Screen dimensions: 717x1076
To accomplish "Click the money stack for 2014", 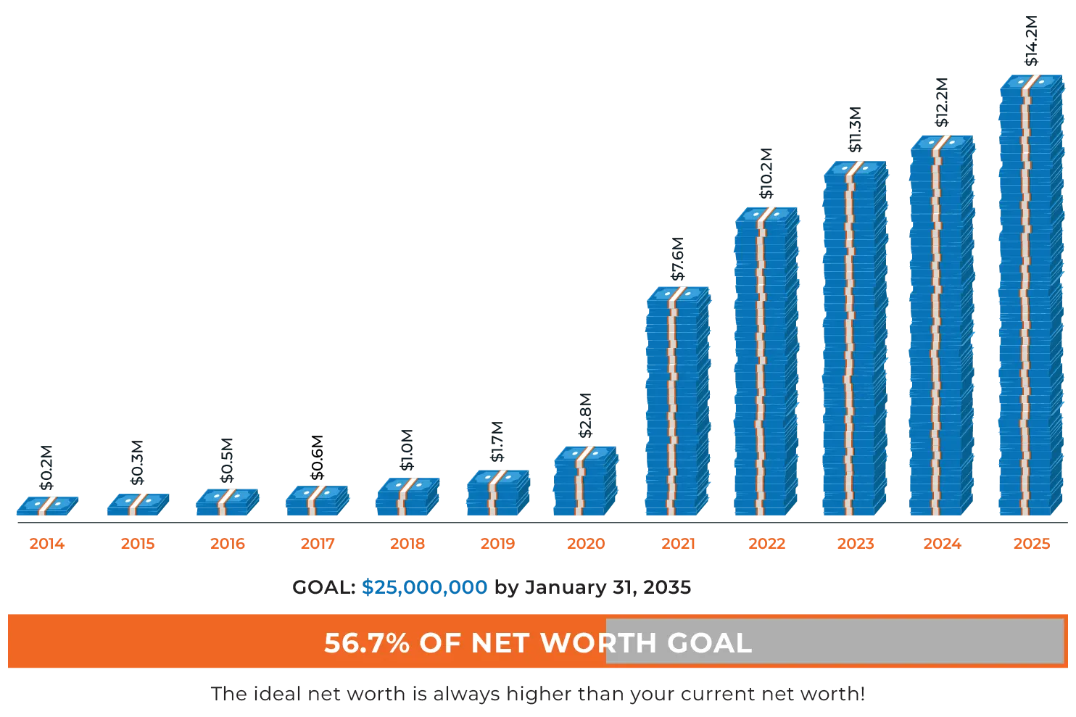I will coord(48,505).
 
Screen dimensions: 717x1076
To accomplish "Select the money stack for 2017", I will coord(318,500).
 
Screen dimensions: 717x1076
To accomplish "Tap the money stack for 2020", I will coord(585,480).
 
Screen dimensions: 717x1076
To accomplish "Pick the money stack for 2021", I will coord(677,402).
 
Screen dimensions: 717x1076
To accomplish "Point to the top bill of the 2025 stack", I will coord(1032,82).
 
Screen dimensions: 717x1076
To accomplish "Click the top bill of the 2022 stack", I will coord(766,214).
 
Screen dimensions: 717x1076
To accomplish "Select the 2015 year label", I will coord(138,543).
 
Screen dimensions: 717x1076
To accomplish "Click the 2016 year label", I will coord(228,543).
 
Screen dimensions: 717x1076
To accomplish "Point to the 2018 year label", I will coord(407,543).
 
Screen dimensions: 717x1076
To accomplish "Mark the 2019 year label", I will coord(497,543).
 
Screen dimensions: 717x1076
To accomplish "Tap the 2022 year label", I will coord(766,543).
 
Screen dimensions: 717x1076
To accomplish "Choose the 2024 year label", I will coord(943,543).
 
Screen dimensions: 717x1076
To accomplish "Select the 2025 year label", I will coord(1032,543).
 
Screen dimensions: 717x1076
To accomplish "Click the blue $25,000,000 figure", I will coord(425,588).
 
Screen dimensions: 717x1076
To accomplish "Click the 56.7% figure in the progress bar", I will coord(367,643).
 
